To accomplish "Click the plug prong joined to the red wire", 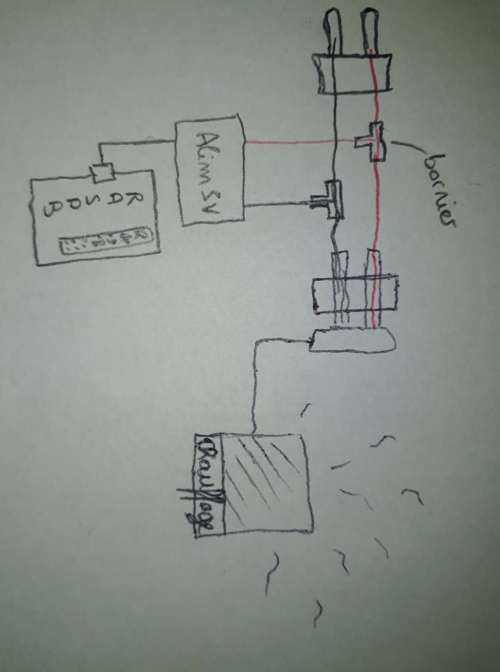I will click(x=370, y=30).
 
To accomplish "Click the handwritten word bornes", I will click(x=438, y=190).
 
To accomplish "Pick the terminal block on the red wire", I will click(x=372, y=141).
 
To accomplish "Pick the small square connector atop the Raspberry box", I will click(x=102, y=173).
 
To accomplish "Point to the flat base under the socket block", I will click(x=352, y=340).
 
